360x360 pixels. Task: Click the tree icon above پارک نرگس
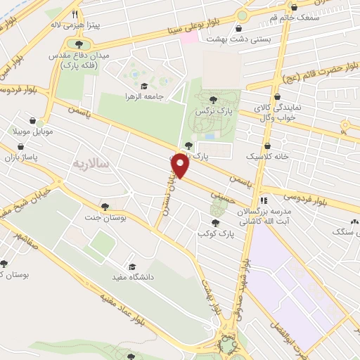(x=213, y=99)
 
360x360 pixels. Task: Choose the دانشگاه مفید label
(x=138, y=278)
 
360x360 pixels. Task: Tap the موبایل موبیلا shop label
(x=30, y=131)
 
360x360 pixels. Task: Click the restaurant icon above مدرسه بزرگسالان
(x=263, y=200)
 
